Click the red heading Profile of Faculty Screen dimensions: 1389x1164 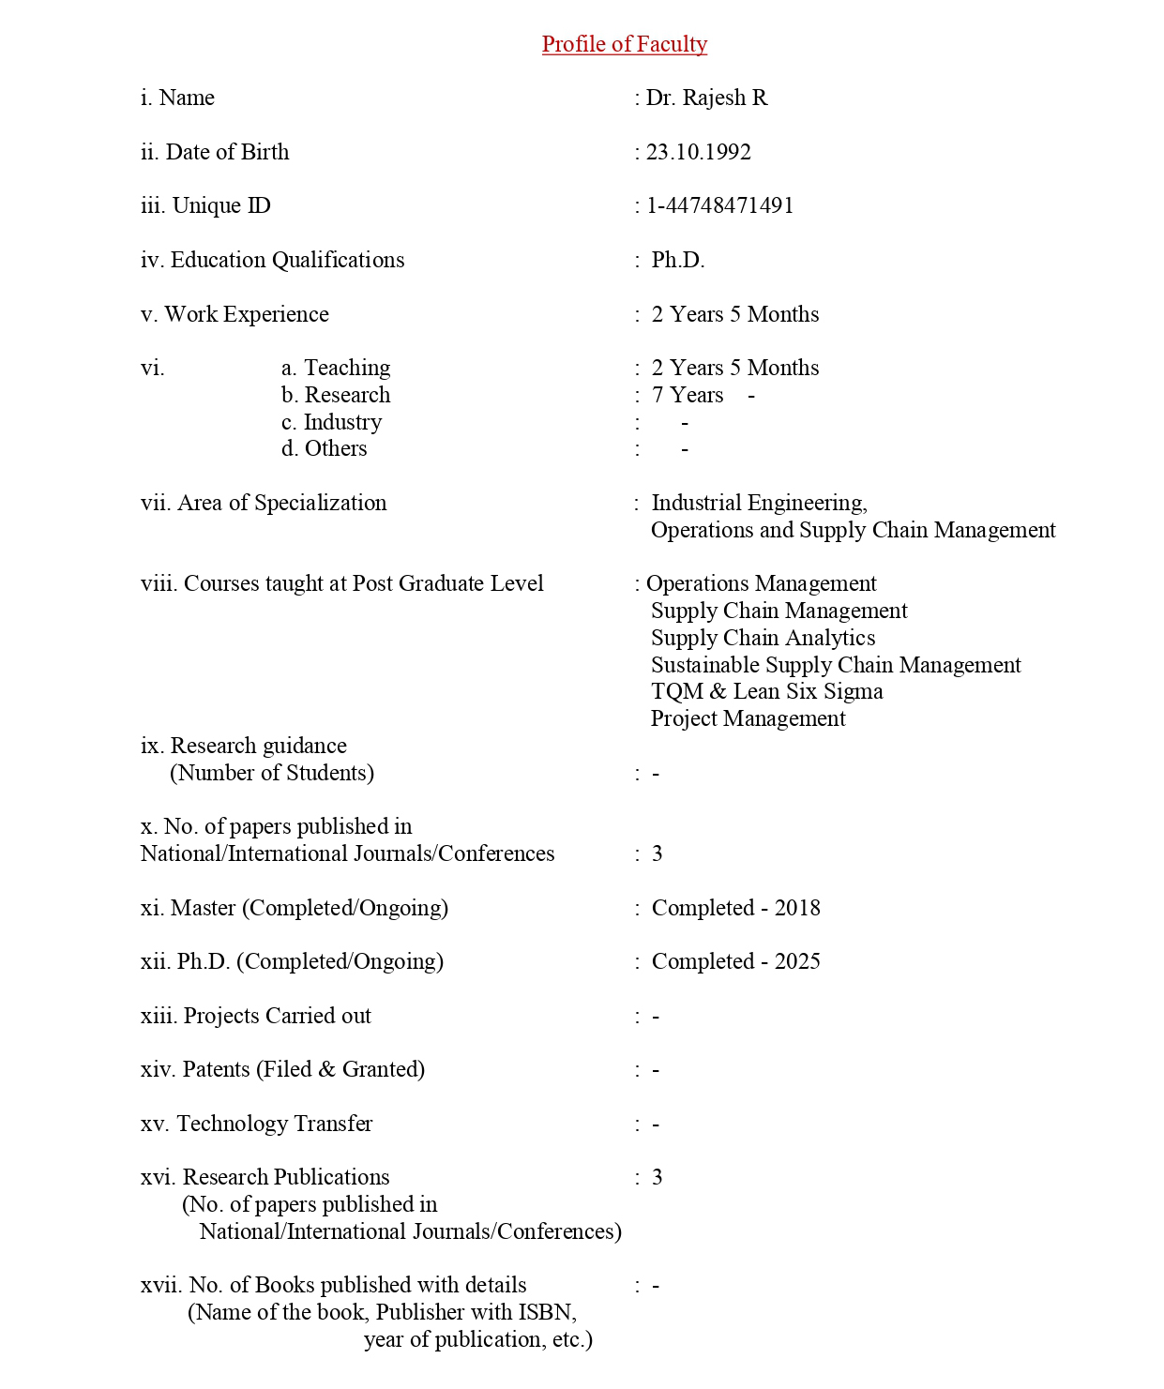[x=624, y=44]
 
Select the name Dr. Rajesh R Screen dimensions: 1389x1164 [x=706, y=98]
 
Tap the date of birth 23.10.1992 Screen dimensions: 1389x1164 [x=698, y=152]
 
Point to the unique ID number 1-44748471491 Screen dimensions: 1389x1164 [x=719, y=205]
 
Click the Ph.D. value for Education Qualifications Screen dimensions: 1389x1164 [x=677, y=260]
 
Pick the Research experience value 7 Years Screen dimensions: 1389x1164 [x=688, y=395]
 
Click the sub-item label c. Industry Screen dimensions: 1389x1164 [x=331, y=422]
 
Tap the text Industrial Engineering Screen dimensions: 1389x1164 [x=759, y=503]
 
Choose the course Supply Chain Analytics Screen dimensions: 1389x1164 [x=763, y=638]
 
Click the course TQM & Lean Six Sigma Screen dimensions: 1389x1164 [x=766, y=691]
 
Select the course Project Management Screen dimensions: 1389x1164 [x=748, y=718]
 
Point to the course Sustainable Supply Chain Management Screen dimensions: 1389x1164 [x=836, y=665]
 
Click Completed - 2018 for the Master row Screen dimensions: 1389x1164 [x=735, y=908]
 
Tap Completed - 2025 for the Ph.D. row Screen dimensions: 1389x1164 [x=735, y=961]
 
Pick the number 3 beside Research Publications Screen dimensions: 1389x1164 [x=657, y=1177]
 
